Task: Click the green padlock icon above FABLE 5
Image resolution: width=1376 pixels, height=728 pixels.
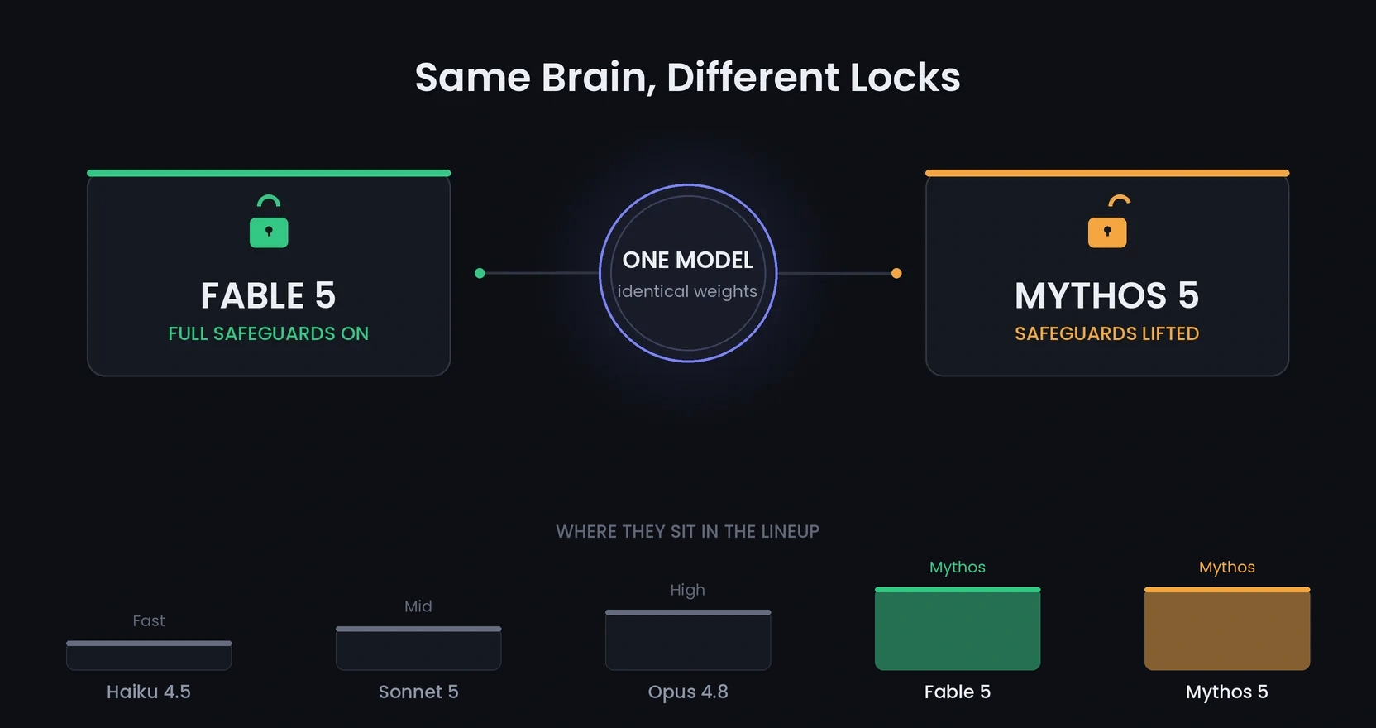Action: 269,222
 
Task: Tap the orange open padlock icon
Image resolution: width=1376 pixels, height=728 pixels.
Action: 1107,222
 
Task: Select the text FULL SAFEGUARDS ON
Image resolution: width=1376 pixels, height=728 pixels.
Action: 269,333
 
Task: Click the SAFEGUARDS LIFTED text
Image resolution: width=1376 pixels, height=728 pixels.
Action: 1107,333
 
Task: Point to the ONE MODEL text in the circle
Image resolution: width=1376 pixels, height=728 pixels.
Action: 687,260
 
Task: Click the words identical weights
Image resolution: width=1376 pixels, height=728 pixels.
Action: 687,291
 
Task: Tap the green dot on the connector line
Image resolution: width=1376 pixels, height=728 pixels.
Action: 480,273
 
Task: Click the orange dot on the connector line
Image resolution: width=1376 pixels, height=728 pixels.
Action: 896,273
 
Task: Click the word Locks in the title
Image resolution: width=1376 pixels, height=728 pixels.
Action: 905,78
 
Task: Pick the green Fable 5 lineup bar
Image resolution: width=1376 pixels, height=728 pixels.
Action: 957,629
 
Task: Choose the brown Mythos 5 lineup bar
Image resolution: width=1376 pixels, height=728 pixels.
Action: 1226,629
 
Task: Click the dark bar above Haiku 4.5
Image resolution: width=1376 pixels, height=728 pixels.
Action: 149,655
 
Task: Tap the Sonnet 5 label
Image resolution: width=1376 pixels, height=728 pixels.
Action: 418,692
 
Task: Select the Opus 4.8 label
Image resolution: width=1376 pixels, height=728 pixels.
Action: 688,692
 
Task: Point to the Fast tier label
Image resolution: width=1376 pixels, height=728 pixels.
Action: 149,620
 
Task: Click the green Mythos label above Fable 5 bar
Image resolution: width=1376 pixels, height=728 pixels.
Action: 957,567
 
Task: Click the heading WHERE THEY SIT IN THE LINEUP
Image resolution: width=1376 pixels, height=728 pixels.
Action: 687,531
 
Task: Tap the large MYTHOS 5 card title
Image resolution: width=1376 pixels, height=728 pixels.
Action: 1107,295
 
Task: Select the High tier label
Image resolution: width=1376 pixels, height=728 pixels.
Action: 687,590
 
